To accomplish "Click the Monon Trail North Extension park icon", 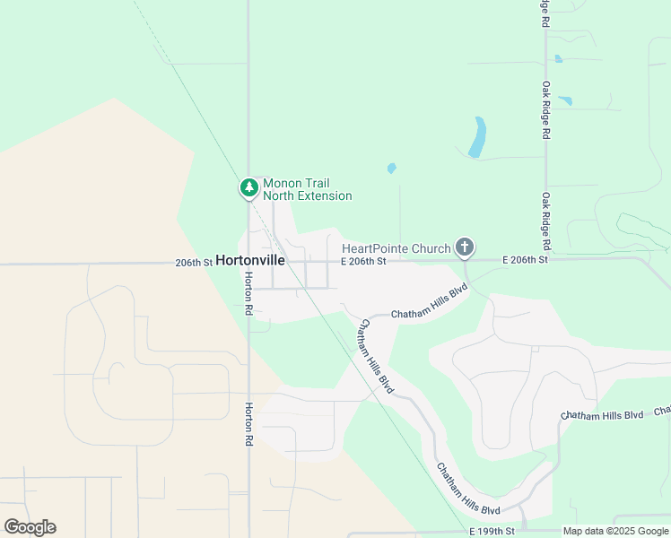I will (x=248, y=188).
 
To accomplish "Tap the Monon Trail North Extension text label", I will (x=307, y=189).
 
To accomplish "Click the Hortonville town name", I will (x=250, y=261).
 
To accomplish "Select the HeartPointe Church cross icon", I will (x=464, y=247).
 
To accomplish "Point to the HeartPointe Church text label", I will (x=396, y=247).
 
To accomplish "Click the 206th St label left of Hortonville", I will (x=195, y=263).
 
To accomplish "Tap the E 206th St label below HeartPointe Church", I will (x=363, y=261).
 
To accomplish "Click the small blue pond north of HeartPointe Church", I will (x=391, y=168).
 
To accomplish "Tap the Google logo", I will (x=30, y=527).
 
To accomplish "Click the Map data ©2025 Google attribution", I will (x=614, y=532).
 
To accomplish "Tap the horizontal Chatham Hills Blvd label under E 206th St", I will (x=430, y=304).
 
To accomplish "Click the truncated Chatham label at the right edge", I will (x=662, y=411).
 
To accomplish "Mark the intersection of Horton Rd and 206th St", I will (x=248, y=264).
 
